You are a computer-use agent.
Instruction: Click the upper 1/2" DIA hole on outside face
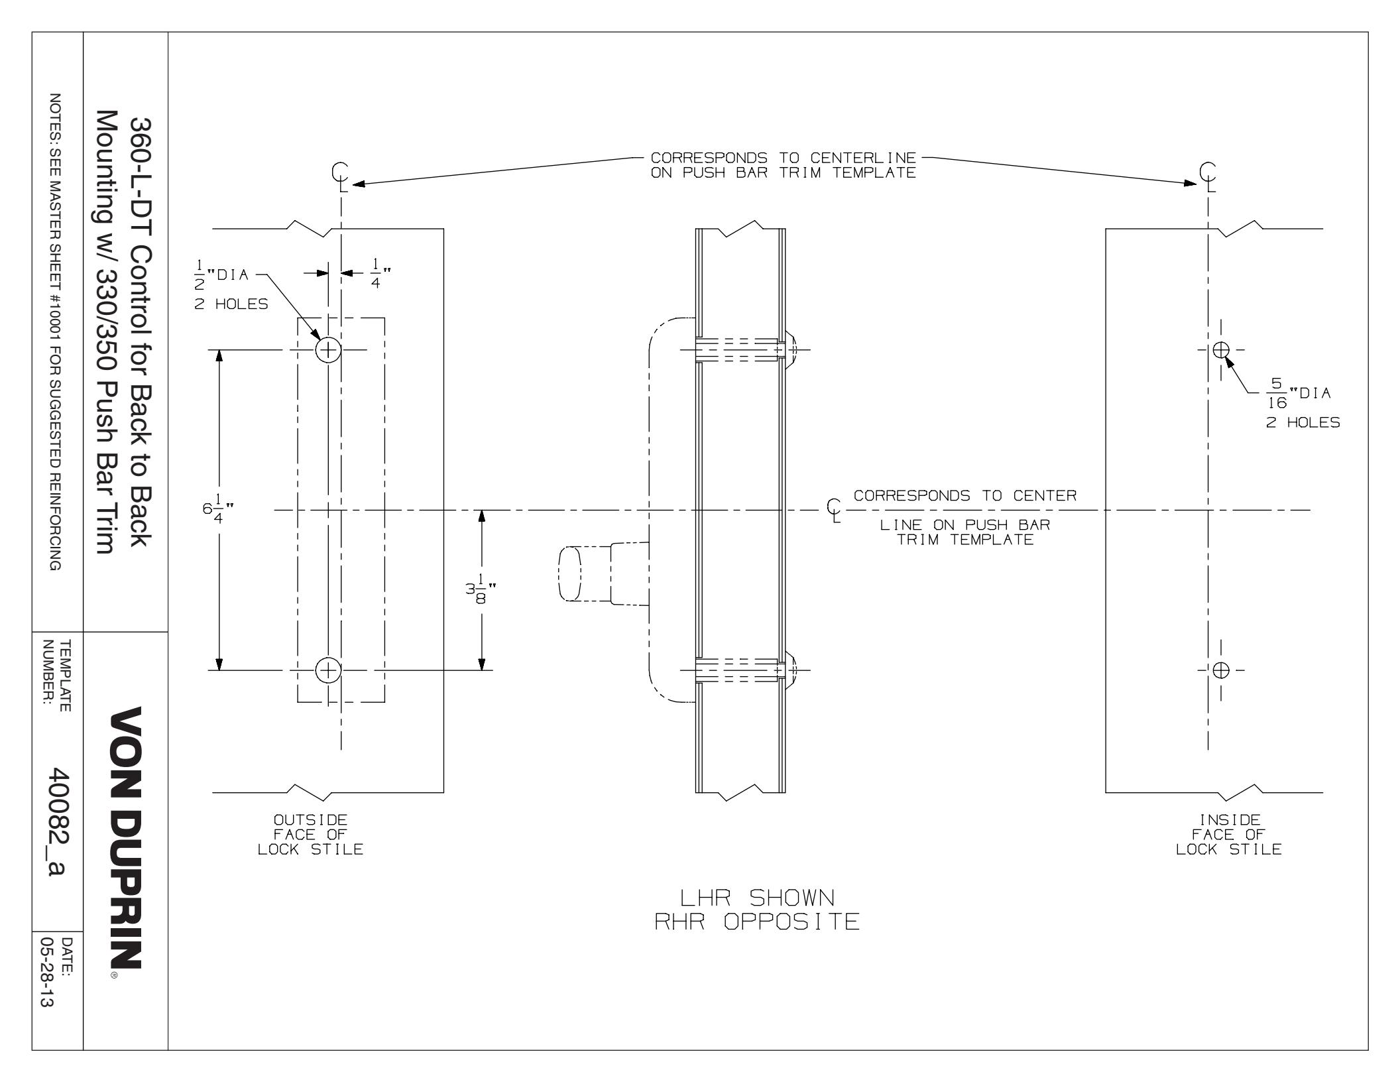(328, 349)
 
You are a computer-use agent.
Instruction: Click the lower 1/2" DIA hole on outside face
(327, 670)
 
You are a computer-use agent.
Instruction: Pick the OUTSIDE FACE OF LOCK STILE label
(311, 835)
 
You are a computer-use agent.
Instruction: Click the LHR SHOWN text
(758, 898)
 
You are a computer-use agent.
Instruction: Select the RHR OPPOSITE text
(757, 922)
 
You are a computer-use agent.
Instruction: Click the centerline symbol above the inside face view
(1208, 176)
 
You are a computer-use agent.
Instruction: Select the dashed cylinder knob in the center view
(571, 573)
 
